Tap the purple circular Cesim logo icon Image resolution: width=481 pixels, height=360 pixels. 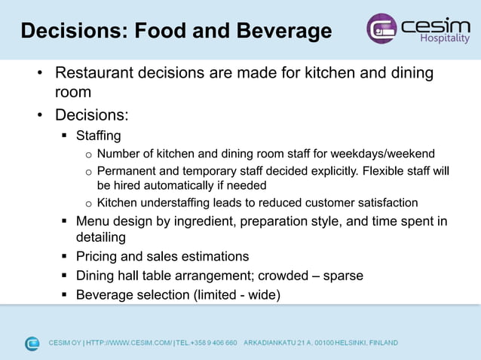[381, 29]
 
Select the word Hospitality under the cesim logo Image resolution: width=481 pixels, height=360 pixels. [443, 38]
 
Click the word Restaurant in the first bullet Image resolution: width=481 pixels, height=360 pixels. [96, 73]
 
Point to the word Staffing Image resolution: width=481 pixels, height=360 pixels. [98, 136]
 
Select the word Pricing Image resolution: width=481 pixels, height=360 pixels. [99, 256]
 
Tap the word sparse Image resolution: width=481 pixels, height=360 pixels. [343, 276]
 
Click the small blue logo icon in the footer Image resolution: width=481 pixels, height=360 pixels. [32, 343]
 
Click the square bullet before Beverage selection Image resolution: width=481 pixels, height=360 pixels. [65, 294]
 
